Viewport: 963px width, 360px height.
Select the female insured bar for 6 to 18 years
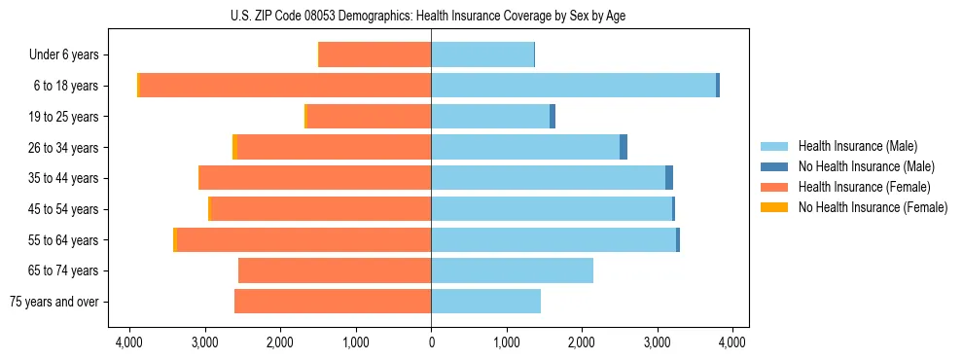pyautogui.click(x=285, y=86)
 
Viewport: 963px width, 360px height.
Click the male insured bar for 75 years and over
pyautogui.click(x=485, y=302)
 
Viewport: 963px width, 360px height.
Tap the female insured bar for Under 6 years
pyautogui.click(x=375, y=54)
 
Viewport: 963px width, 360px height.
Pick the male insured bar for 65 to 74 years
pyautogui.click(x=512, y=270)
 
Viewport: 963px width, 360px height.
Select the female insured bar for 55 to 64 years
pyautogui.click(x=303, y=239)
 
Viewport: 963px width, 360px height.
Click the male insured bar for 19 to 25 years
pyautogui.click(x=490, y=117)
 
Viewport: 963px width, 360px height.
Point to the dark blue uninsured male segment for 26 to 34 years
pyautogui.click(x=624, y=147)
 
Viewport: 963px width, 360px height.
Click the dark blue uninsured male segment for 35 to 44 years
pyautogui.click(x=669, y=178)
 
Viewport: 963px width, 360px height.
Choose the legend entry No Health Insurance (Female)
pyautogui.click(x=873, y=207)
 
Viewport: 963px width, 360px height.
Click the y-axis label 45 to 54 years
pyautogui.click(x=65, y=209)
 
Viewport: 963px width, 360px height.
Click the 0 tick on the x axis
pyautogui.click(x=431, y=342)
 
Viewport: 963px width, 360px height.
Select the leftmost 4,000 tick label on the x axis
pyautogui.click(x=129, y=342)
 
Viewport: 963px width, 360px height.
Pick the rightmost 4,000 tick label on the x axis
pyautogui.click(x=731, y=342)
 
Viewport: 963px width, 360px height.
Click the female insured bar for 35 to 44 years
pyautogui.click(x=314, y=178)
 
